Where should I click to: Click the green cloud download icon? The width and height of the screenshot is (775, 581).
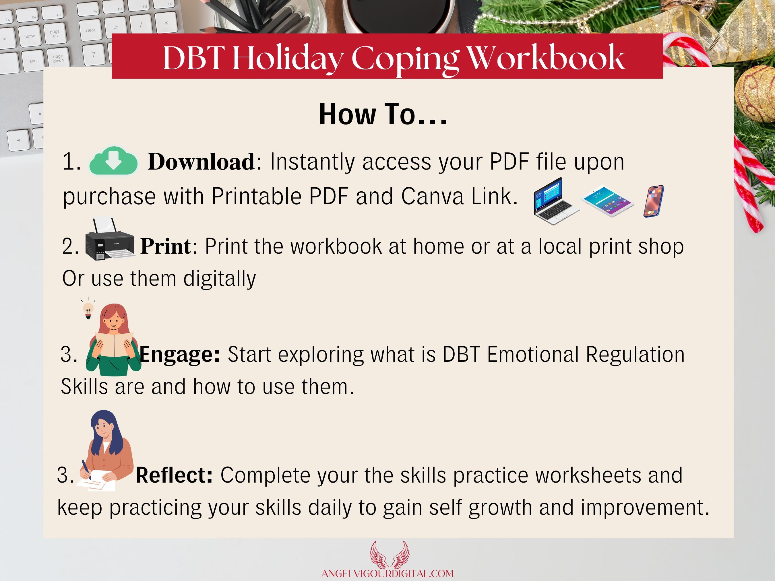(113, 161)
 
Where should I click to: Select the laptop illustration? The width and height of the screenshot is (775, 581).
(555, 201)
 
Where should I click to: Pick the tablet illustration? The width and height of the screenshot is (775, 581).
(607, 201)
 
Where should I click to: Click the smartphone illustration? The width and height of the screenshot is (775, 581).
(653, 201)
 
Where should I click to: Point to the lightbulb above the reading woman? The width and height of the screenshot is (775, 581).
(88, 310)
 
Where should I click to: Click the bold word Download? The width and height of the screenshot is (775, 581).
(201, 162)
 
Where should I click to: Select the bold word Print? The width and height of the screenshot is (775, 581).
(166, 246)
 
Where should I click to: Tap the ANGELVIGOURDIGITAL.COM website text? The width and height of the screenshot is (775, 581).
(387, 574)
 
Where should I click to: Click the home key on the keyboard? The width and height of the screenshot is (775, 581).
(30, 36)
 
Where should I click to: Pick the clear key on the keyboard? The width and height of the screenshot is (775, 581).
(90, 30)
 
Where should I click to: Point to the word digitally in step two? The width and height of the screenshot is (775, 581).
(220, 279)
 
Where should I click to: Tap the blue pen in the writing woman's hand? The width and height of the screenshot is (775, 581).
(86, 470)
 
